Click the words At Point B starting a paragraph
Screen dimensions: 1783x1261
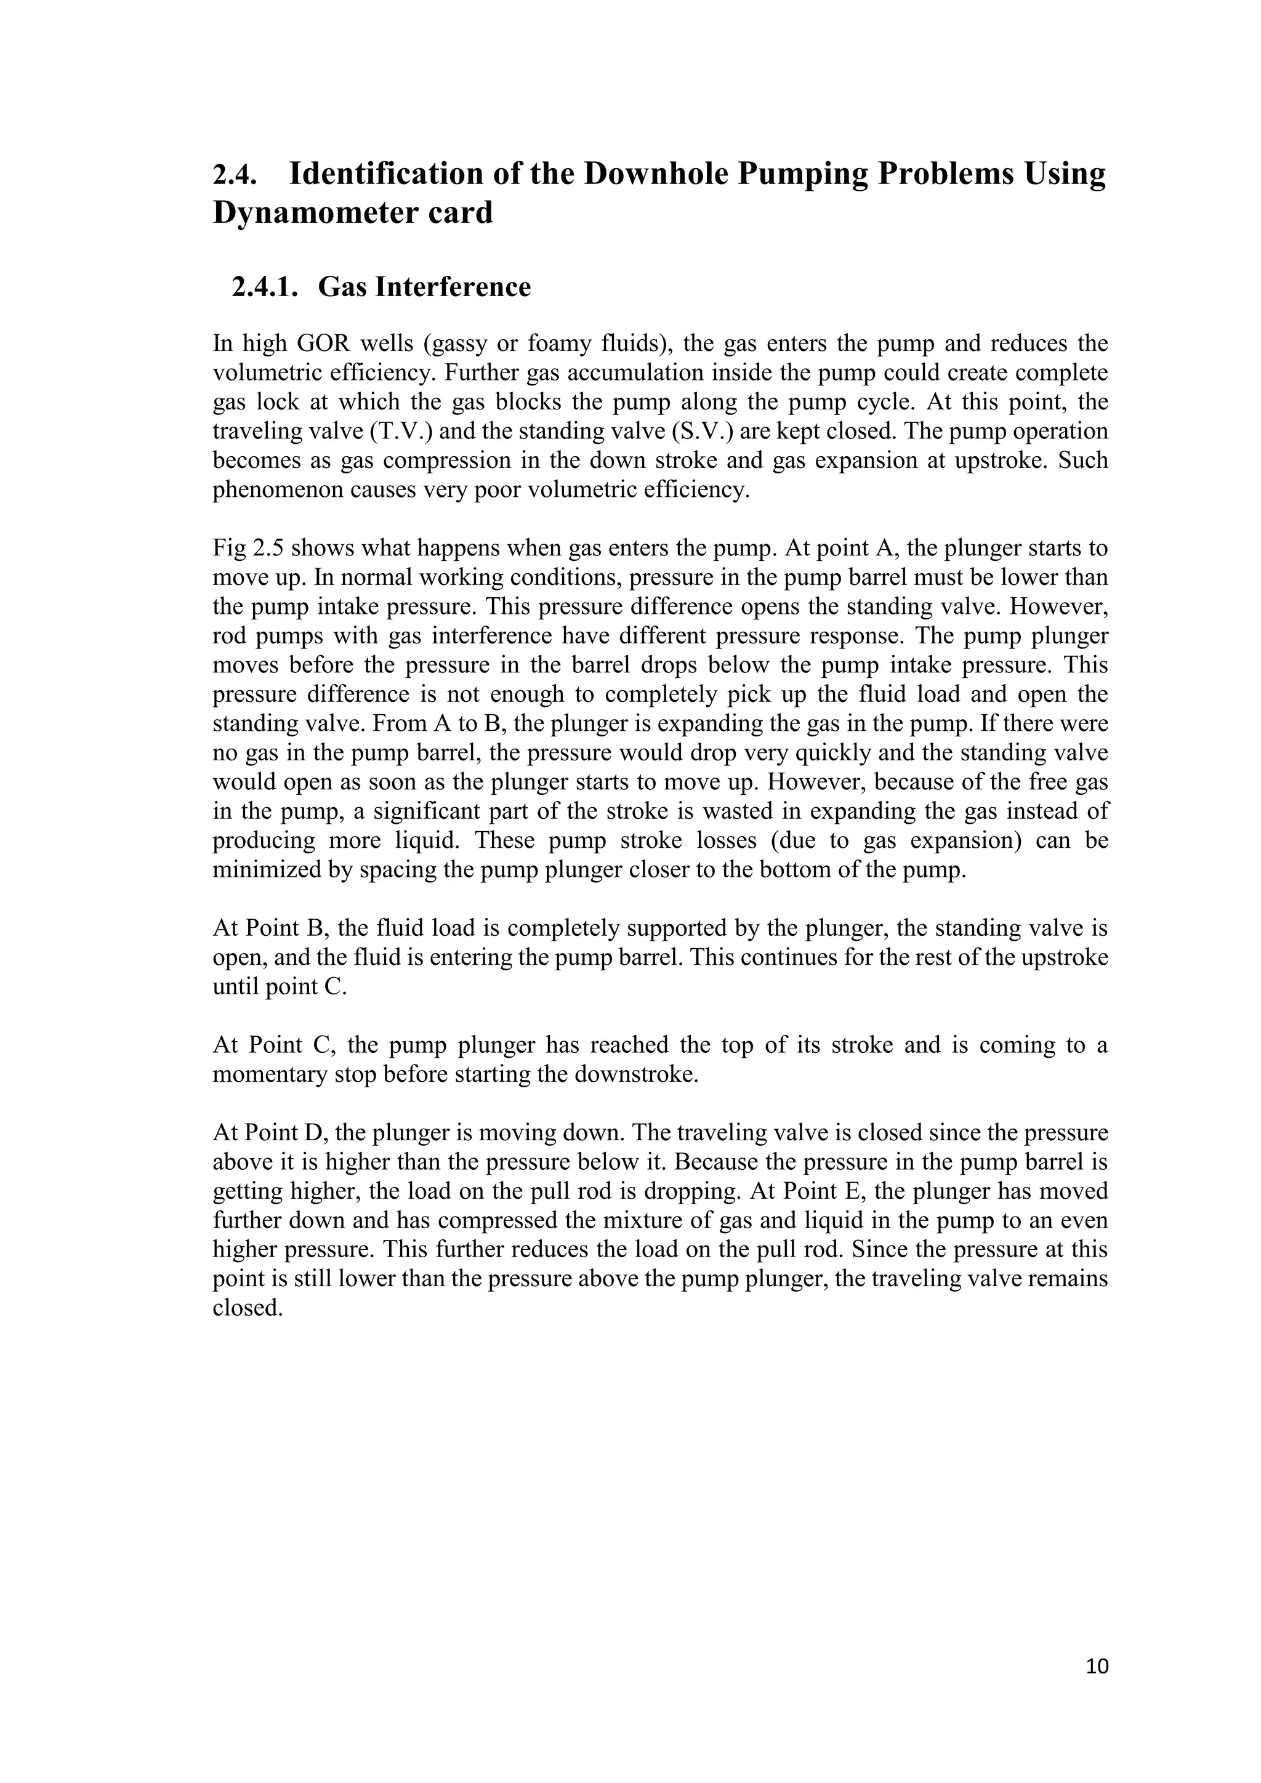[271, 928]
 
